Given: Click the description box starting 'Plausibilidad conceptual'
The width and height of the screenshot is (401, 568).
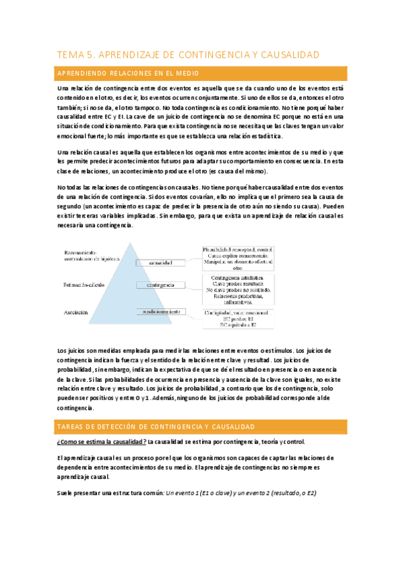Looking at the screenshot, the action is click(x=238, y=255).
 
